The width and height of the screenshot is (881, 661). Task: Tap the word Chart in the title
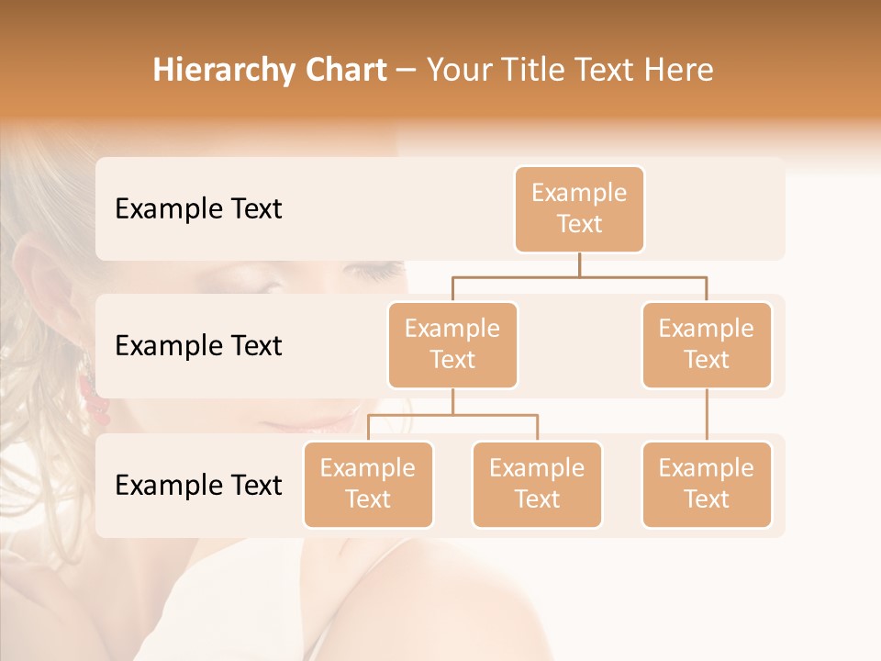click(x=341, y=70)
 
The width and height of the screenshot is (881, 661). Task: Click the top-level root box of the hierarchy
click(x=579, y=208)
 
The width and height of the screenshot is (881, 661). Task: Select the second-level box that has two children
click(x=452, y=344)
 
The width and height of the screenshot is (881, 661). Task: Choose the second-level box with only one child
click(x=707, y=344)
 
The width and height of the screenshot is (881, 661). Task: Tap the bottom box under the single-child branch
click(x=707, y=484)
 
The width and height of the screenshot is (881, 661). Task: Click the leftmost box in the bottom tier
click(x=368, y=484)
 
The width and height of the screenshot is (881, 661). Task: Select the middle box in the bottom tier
click(x=537, y=484)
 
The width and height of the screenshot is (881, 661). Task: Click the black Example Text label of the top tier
click(x=198, y=209)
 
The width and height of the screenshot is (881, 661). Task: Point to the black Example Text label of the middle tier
click(x=198, y=346)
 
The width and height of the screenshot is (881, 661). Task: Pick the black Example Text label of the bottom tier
click(x=198, y=485)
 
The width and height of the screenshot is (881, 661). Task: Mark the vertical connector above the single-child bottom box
click(x=707, y=415)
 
